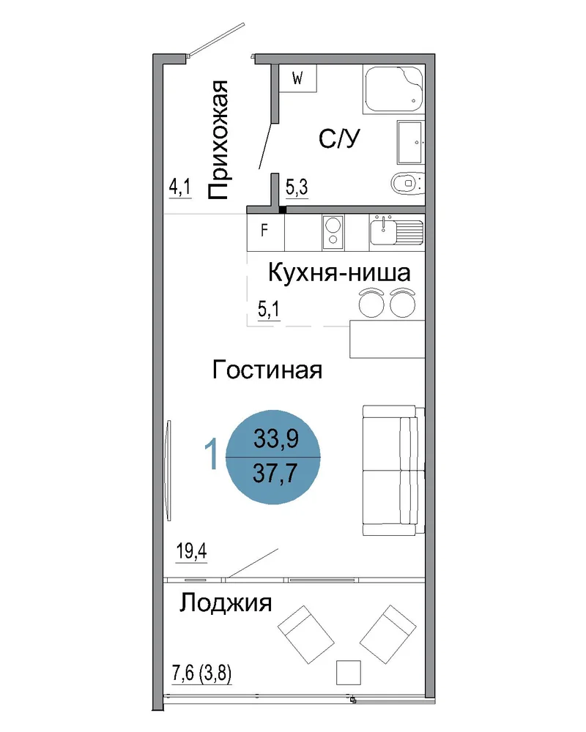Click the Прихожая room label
pos(218,140)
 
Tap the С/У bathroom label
pos(339,138)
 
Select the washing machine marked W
pos(297,78)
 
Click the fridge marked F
pos(265,232)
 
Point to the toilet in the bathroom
pos(407,183)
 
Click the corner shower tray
pos(393,89)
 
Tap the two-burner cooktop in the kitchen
pos(333,232)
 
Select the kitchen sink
pos(396,231)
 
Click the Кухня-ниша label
pos(339,272)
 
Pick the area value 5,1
pos(269,309)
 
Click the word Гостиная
pos(267,370)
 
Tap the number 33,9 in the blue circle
pos(275,438)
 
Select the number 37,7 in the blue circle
pos(275,473)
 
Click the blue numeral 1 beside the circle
pos(212,453)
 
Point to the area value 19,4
pos(192,551)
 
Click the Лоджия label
pos(226,603)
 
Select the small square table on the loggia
pos(349,673)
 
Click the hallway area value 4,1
pos(180,187)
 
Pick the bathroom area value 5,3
pos(297,187)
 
